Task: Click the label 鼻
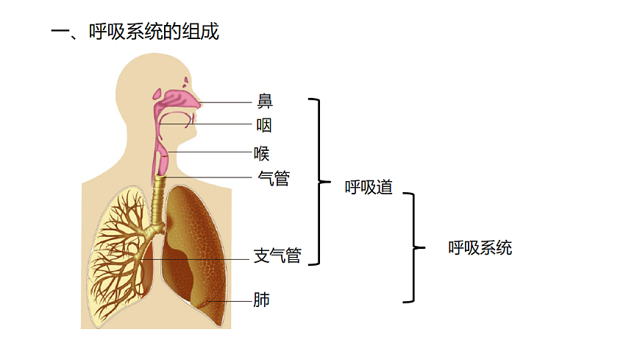point(265,102)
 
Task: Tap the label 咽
point(264,126)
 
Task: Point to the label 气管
point(274,178)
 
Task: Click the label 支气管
point(277,256)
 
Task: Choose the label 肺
point(261,300)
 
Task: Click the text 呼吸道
point(369,187)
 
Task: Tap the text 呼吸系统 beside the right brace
point(480,248)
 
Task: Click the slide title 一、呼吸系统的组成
point(135,32)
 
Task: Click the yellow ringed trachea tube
point(157,202)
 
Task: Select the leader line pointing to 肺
point(228,301)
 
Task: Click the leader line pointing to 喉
point(210,153)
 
